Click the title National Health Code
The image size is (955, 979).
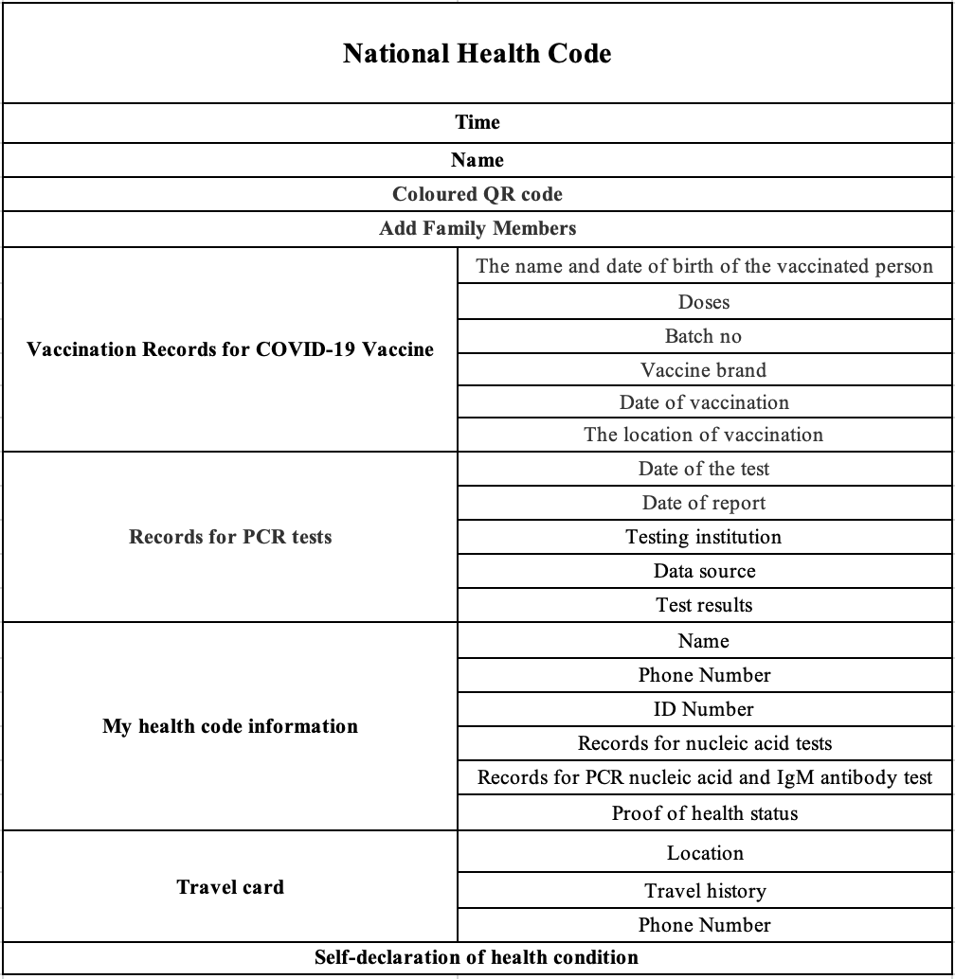pos(477,53)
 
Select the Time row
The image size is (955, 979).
pos(477,122)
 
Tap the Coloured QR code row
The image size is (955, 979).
pos(477,194)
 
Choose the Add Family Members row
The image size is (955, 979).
pos(477,228)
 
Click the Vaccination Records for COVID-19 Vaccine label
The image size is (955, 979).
pos(230,349)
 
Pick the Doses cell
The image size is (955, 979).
pos(704,302)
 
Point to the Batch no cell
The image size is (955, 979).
pos(704,336)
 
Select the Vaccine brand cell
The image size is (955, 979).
pos(704,370)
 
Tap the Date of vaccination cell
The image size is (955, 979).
pos(704,402)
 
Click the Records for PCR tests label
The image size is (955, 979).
pos(230,537)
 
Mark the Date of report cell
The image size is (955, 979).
pos(704,503)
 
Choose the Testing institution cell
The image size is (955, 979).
pos(704,537)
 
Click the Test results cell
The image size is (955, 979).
pos(704,605)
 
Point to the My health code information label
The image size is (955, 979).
pos(230,726)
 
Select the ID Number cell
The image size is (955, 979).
pos(704,709)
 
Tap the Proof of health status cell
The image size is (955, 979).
pos(704,813)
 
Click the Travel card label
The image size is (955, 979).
pos(230,887)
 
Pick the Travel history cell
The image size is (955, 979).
pos(704,891)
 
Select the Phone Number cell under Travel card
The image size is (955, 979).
pos(704,925)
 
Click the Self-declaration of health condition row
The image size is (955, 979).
pos(477,957)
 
